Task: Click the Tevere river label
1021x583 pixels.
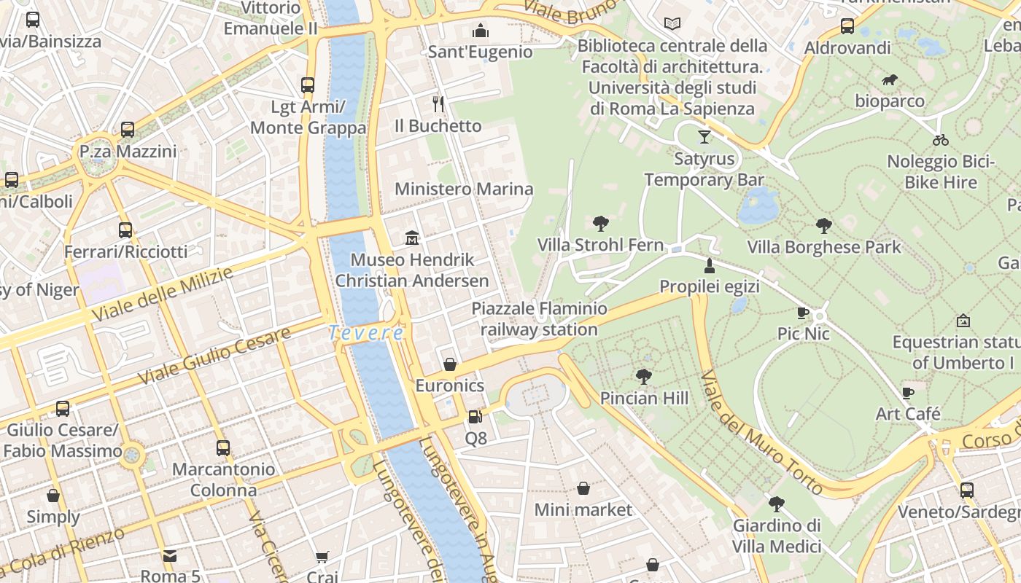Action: [365, 332]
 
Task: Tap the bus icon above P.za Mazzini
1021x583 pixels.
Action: [128, 130]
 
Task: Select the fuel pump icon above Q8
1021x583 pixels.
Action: [475, 417]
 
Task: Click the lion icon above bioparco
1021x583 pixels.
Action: [889, 79]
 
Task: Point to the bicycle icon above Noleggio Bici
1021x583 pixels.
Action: [941, 139]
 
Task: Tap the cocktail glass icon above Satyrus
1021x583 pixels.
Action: [704, 136]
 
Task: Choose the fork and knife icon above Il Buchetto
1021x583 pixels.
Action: [438, 103]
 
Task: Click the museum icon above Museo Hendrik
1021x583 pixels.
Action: [412, 238]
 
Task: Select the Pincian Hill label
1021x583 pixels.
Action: [644, 398]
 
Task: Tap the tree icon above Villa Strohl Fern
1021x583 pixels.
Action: [601, 223]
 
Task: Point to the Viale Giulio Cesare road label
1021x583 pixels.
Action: [214, 356]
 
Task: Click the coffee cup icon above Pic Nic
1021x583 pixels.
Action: [803, 313]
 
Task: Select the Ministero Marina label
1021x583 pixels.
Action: [464, 189]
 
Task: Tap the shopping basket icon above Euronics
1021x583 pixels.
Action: [450, 364]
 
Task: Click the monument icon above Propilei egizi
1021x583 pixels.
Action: [709, 265]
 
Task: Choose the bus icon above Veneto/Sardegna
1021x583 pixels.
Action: [966, 490]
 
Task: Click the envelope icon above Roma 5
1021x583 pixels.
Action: [170, 555]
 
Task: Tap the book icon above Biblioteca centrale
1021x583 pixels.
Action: [672, 24]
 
